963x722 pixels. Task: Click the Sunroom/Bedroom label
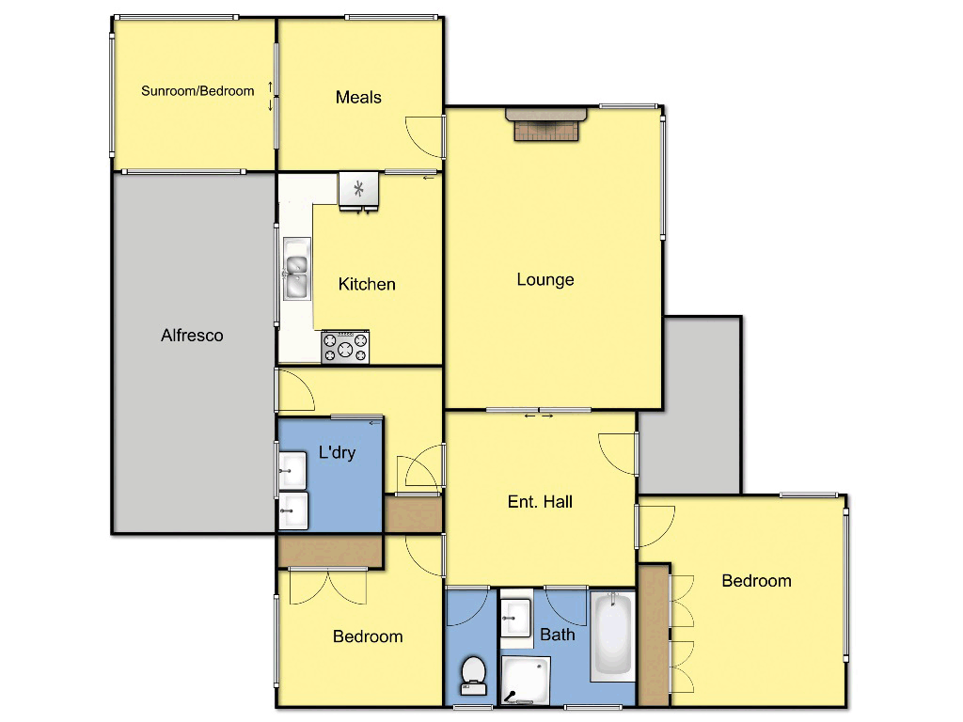click(x=197, y=91)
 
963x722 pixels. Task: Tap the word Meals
click(x=358, y=97)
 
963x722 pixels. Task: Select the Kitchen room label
click(x=367, y=284)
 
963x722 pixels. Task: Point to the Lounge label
click(x=545, y=279)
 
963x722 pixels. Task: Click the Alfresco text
click(x=192, y=335)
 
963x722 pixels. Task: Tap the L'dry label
click(x=337, y=452)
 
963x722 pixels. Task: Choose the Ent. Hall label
click(x=540, y=501)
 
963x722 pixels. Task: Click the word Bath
click(x=558, y=635)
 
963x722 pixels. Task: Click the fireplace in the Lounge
click(x=546, y=124)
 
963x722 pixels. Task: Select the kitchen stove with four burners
click(x=345, y=348)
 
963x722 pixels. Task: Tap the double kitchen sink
click(x=296, y=269)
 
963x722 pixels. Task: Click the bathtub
click(x=612, y=635)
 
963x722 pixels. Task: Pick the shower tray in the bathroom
click(x=524, y=681)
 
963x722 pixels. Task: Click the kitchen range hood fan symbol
click(x=358, y=189)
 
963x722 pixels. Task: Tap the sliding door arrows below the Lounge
click(x=539, y=416)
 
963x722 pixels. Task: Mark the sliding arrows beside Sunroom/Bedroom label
click(x=271, y=96)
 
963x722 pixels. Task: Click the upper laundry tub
click(x=293, y=467)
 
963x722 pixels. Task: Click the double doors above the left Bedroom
click(x=328, y=585)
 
